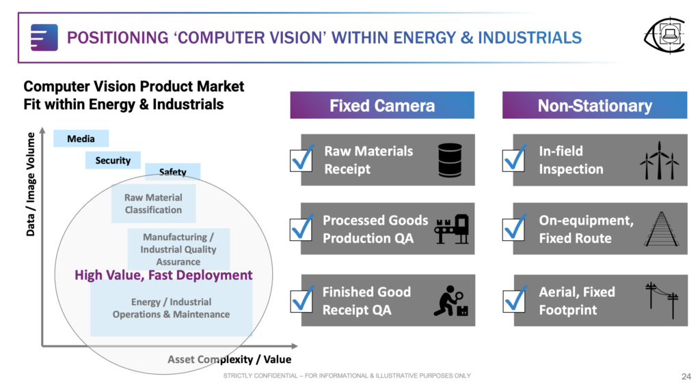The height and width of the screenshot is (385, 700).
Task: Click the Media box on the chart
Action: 81,139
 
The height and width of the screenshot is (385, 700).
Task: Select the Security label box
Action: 113,160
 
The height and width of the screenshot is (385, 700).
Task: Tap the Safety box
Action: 173,171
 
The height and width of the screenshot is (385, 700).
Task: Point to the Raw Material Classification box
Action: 154,203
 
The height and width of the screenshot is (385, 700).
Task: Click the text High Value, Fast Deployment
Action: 163,275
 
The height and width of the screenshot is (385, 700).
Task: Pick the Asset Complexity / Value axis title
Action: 230,359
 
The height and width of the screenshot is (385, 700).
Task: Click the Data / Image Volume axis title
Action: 30,184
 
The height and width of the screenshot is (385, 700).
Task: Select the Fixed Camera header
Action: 382,105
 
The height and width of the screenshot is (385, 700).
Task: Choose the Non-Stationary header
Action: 595,105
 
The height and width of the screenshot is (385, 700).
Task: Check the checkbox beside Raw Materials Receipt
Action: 301,160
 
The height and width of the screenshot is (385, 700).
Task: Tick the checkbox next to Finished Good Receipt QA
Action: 301,300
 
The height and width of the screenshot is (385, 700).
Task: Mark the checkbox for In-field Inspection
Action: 514,160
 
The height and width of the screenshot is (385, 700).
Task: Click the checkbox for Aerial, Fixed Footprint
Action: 514,300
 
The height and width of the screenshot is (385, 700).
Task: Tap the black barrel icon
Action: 450,160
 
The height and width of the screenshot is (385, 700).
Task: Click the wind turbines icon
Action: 660,160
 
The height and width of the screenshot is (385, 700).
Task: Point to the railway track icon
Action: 662,229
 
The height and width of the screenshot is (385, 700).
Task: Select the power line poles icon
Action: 662,300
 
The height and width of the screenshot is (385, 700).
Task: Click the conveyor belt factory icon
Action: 452,229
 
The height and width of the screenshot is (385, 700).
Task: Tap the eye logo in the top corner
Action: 665,35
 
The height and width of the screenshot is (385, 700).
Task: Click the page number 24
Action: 686,377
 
